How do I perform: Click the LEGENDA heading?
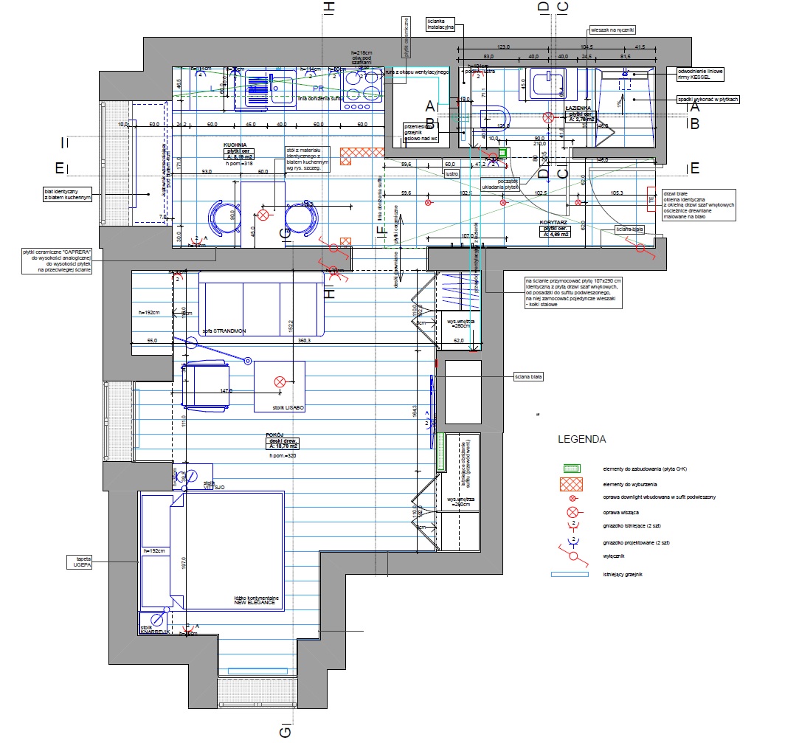pyautogui.click(x=581, y=439)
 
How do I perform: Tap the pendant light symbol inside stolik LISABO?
pyautogui.click(x=280, y=381)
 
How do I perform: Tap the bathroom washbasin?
pyautogui.click(x=547, y=83)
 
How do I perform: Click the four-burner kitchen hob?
pyautogui.click(x=356, y=91)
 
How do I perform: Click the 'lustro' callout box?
pyautogui.click(x=452, y=174)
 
